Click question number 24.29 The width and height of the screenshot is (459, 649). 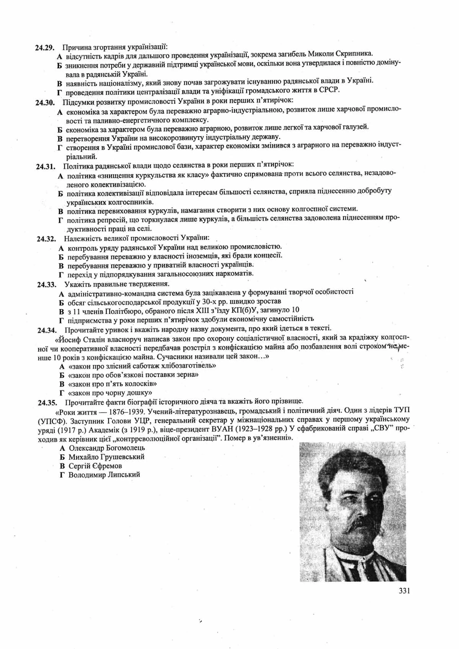click(45, 48)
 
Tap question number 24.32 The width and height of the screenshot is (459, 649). click(46, 239)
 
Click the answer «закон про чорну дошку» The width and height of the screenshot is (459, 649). click(110, 393)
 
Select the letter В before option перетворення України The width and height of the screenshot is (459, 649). click(60, 139)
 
